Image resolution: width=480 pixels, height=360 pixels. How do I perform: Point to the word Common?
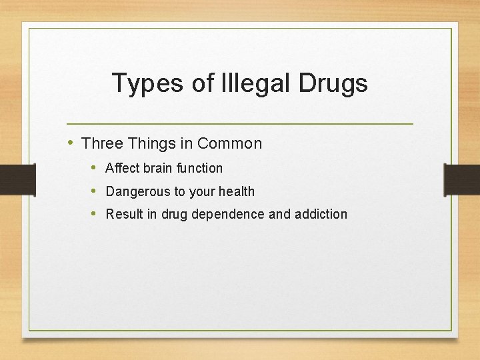tap(229, 143)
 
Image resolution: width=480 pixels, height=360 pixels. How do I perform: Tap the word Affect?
tap(122, 168)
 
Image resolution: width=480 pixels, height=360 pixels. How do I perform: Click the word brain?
tap(158, 168)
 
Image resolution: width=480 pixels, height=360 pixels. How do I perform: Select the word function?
tap(200, 168)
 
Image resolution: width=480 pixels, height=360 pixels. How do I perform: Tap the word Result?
tap(123, 214)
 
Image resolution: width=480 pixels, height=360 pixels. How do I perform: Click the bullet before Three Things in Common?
tap(71, 143)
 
